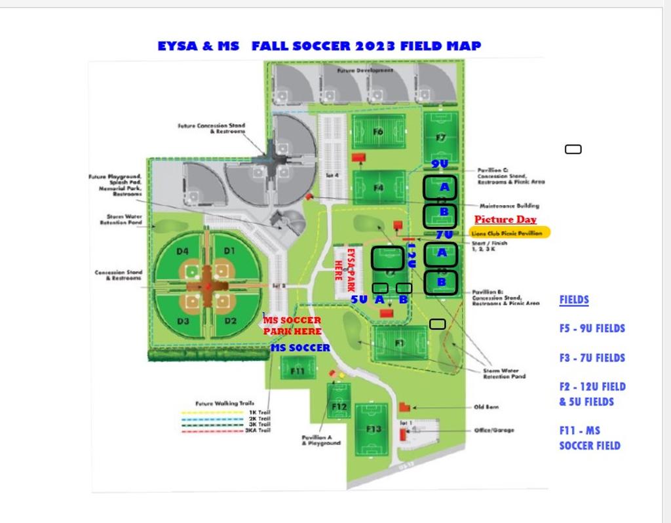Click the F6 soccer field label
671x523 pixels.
click(378, 132)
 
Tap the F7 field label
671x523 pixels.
click(441, 138)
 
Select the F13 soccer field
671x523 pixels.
click(374, 429)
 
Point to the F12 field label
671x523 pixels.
click(339, 406)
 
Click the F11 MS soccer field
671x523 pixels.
click(297, 371)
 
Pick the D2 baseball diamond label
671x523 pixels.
click(230, 321)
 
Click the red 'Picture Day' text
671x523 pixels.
click(505, 220)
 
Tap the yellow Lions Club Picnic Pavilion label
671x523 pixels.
click(509, 233)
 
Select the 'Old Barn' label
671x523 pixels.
click(486, 407)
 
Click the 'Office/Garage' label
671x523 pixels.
click(494, 430)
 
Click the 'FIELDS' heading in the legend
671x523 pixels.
click(574, 300)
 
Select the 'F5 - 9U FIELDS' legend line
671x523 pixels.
click(592, 328)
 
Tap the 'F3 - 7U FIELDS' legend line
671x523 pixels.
click(592, 358)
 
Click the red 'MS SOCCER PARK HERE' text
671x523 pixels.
click(292, 326)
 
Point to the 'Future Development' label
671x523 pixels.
click(365, 70)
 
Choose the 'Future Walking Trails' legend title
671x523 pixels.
click(223, 404)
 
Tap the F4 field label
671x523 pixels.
click(379, 188)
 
